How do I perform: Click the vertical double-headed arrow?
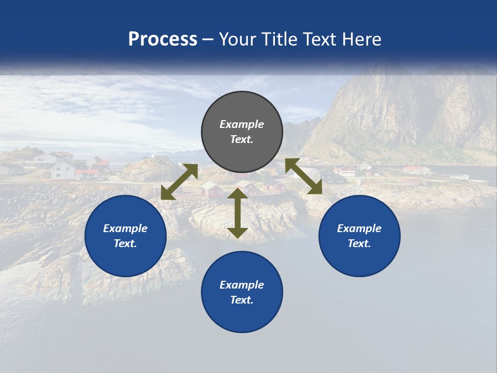click(x=238, y=213)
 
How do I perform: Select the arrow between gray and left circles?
click(x=179, y=182)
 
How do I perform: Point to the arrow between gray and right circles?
click(x=303, y=176)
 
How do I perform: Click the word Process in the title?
click(x=163, y=39)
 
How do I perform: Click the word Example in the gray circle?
click(x=242, y=124)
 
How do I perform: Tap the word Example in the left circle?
click(x=125, y=228)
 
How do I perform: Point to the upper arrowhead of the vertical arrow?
click(x=238, y=193)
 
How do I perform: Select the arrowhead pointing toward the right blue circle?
click(x=315, y=188)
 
